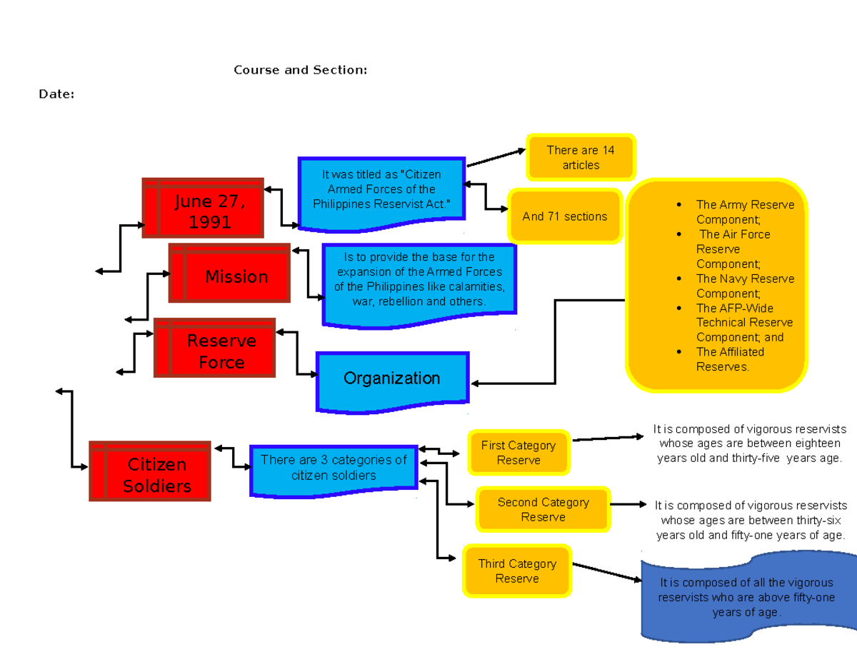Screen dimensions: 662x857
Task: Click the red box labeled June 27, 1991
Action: point(204,208)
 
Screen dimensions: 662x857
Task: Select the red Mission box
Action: point(230,273)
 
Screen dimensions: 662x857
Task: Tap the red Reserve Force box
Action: point(215,348)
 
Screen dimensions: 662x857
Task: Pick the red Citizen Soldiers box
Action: point(150,471)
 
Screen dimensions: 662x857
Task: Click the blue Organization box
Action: point(392,379)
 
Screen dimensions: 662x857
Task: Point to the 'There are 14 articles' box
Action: point(580,157)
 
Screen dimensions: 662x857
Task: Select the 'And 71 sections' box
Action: point(564,216)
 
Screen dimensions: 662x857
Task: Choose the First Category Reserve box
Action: point(518,453)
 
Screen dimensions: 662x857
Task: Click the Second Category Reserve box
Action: point(543,510)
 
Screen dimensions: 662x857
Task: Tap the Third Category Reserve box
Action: point(517,571)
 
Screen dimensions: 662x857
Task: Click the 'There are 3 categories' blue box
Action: point(334,468)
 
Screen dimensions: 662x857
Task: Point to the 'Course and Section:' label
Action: point(301,70)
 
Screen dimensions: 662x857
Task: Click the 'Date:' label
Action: point(56,94)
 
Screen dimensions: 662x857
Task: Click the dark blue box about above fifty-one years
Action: point(746,597)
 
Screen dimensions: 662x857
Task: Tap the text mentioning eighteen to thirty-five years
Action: point(750,443)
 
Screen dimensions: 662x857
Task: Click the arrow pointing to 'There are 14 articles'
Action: point(496,159)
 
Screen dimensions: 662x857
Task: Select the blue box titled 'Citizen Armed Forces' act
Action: point(381,191)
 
